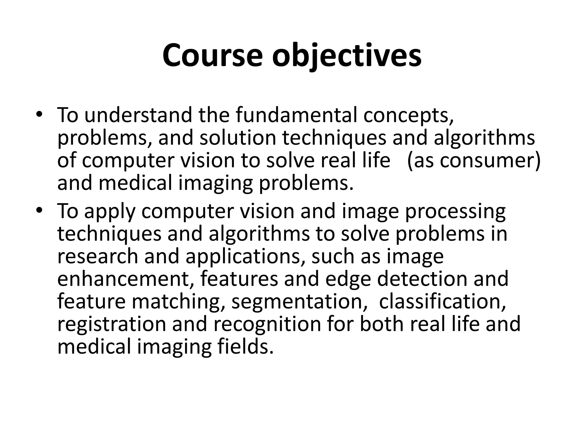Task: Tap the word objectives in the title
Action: tap(346, 55)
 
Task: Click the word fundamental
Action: tap(296, 115)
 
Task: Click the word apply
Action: tap(109, 212)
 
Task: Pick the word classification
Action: tap(442, 301)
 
